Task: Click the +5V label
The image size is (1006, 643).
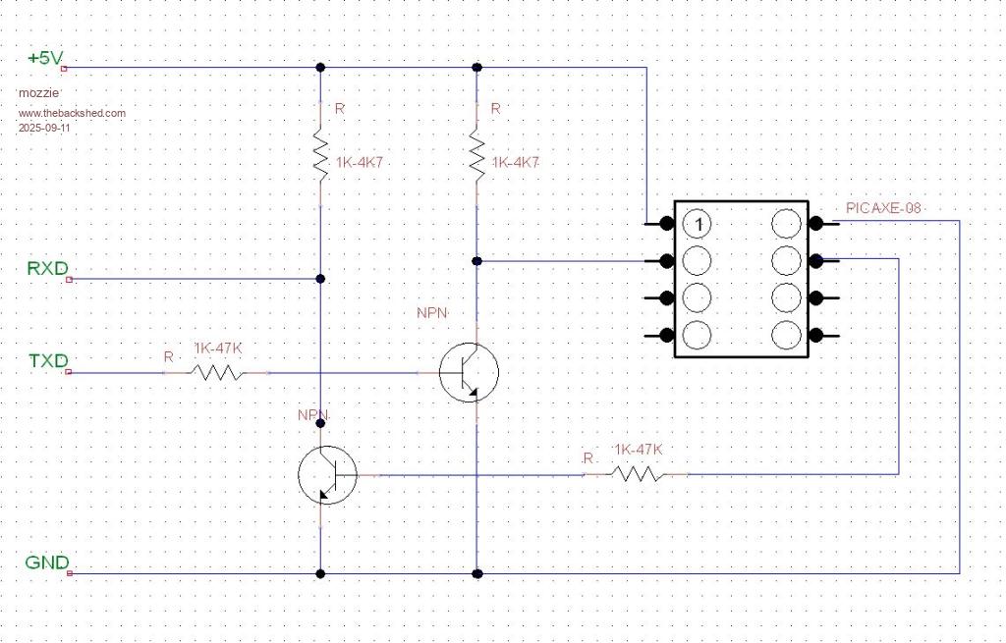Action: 45,59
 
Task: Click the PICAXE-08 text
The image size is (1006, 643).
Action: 882,208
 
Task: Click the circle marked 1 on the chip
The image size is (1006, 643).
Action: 698,225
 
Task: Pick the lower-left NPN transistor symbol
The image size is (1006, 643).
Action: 327,475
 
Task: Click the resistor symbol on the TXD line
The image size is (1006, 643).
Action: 216,373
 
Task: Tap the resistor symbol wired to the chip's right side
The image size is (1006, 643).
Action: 636,474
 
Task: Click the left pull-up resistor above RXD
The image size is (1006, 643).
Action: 320,153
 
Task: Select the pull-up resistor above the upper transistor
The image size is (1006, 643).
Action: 476,153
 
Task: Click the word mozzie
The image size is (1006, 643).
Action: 36,92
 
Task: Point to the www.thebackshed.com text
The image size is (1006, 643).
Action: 72,113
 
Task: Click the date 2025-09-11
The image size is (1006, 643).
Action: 45,128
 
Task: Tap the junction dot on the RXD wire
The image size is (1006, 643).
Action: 320,279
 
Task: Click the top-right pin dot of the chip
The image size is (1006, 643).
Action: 814,223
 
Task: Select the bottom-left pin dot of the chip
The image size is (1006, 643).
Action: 667,335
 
